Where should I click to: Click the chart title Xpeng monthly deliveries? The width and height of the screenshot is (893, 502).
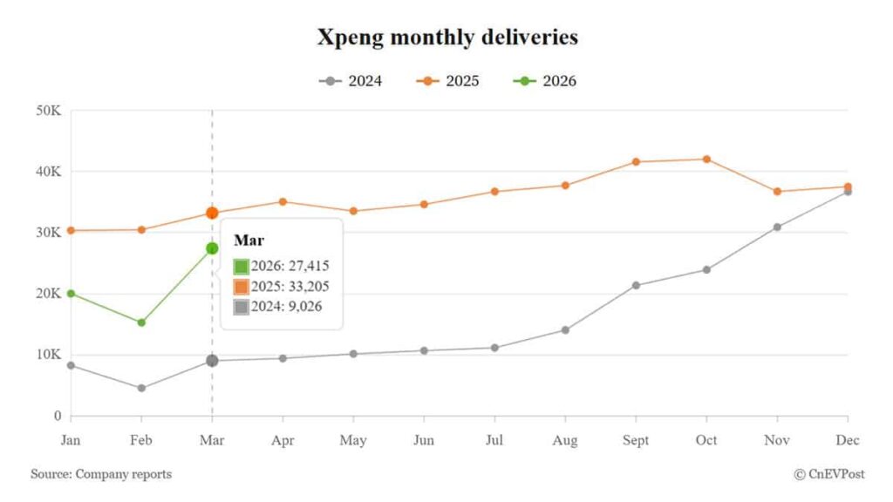point(446,37)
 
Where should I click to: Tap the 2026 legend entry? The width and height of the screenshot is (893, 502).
point(546,81)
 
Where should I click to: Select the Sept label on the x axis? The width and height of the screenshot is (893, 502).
point(636,440)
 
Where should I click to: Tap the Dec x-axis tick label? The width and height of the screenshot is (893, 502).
point(847,440)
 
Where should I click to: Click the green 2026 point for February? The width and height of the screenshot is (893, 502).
point(141,322)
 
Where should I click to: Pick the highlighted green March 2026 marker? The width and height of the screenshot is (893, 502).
point(212,248)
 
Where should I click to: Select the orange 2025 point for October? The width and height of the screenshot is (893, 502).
point(706,159)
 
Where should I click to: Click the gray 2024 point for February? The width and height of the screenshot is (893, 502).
point(141,388)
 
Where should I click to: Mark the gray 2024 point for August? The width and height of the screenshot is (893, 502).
point(565,329)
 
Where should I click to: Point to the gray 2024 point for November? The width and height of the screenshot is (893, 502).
point(777,227)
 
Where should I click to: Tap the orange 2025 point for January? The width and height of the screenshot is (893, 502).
point(71,230)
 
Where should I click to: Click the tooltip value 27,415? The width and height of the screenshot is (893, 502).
point(310,266)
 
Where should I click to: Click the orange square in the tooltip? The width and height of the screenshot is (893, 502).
point(242,286)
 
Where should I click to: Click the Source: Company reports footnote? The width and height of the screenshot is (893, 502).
point(101,474)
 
